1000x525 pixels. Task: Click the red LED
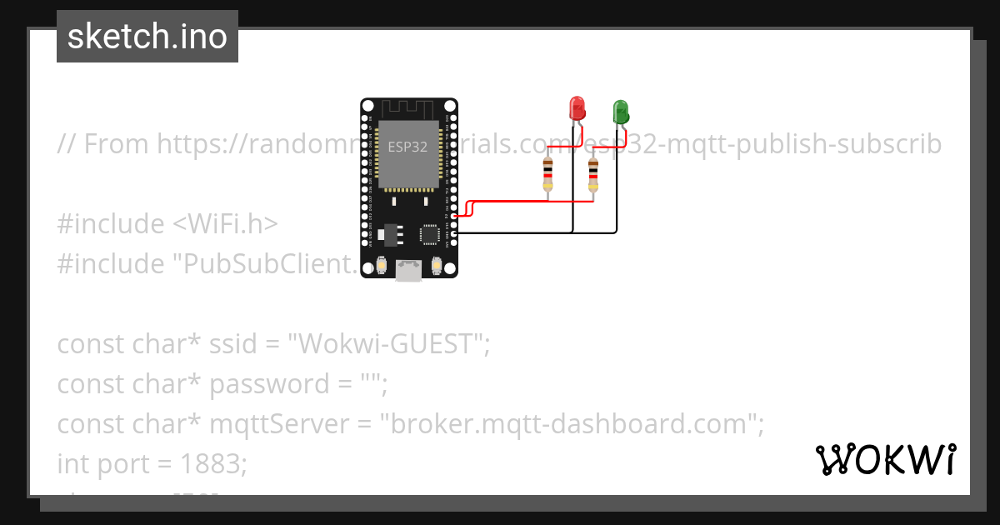tap(576, 108)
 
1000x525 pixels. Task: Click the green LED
tap(621, 112)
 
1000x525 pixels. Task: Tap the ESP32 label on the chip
tap(407, 147)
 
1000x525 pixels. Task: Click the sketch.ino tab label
tap(147, 37)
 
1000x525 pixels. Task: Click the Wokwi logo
tap(885, 459)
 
